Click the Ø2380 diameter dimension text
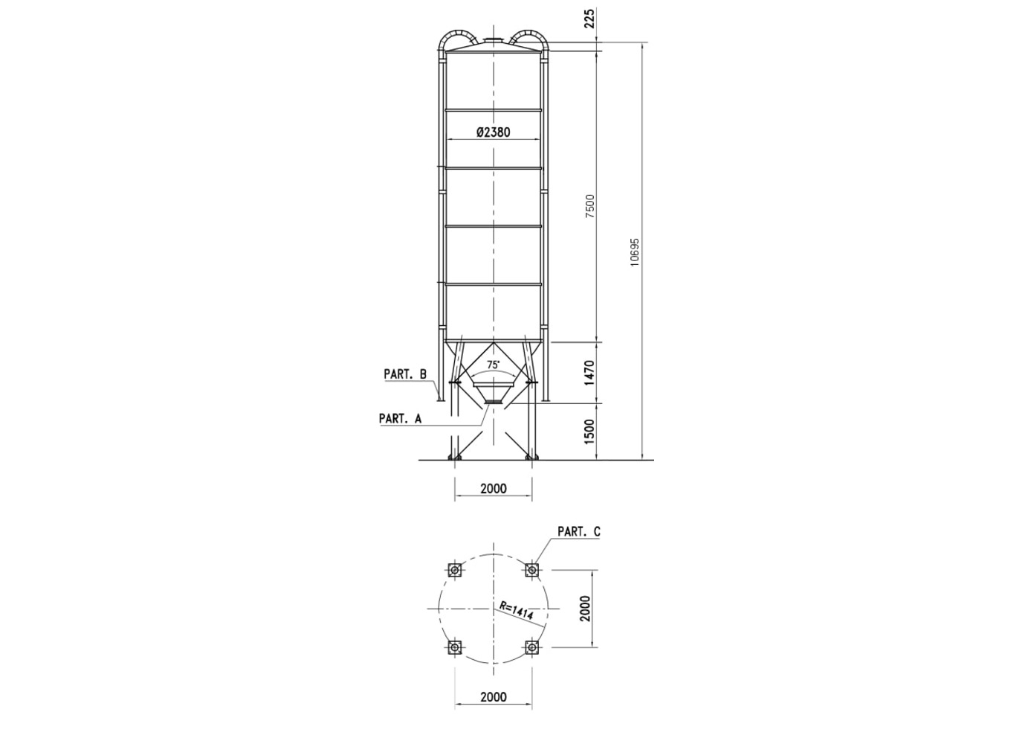pos(493,132)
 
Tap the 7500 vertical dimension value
pos(590,205)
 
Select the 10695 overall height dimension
pos(635,252)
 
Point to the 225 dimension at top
pos(590,18)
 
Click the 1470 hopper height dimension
pos(590,373)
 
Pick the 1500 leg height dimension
pos(590,431)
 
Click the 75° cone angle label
pos(493,365)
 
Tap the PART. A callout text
pos(400,418)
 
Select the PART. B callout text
pos(405,374)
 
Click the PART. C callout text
pos(579,531)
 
